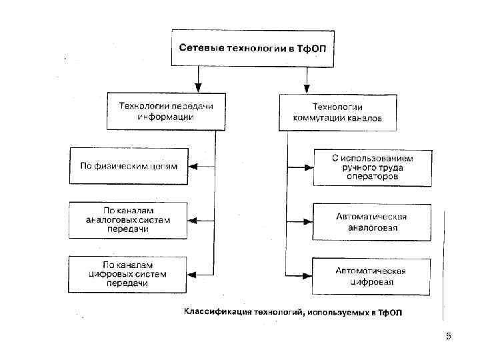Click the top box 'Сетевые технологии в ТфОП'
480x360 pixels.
point(253,48)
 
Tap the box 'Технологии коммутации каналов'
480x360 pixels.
point(337,112)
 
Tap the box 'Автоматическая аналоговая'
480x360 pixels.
point(372,221)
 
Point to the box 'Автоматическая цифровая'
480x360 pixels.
point(372,276)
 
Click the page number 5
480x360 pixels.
point(449,336)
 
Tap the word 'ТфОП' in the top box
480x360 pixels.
point(313,48)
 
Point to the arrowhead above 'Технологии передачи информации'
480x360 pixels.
point(197,87)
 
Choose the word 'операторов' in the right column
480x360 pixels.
point(373,177)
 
